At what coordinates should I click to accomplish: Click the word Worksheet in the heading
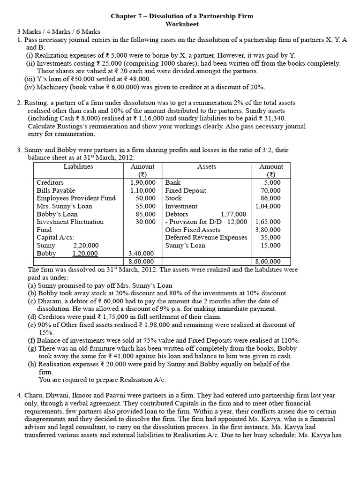point(181,24)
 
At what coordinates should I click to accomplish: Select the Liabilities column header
point(78,166)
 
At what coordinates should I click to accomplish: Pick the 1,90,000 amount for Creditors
point(143,182)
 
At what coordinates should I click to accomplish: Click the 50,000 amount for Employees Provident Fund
point(145,198)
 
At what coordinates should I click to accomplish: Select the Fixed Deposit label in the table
point(185,190)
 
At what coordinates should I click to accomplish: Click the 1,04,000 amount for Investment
point(268,206)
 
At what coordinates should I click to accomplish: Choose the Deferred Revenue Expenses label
point(206,237)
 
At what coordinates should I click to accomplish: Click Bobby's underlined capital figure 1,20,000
point(85,253)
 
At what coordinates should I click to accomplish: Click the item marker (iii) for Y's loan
point(30,79)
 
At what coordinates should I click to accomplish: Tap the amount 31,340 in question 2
point(274,119)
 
